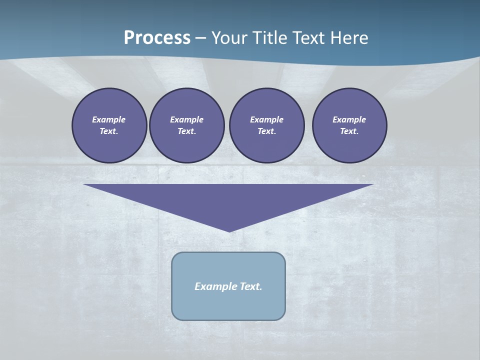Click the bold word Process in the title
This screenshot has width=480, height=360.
tap(157, 38)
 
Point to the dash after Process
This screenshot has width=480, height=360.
tap(200, 38)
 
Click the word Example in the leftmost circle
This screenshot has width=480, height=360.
tap(109, 119)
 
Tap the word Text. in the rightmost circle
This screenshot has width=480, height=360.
tap(349, 131)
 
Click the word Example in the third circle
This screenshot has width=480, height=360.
tap(267, 119)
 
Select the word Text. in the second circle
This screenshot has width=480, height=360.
tap(187, 131)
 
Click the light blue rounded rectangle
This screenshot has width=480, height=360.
tap(228, 305)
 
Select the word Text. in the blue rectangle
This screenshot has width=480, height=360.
tap(251, 286)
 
